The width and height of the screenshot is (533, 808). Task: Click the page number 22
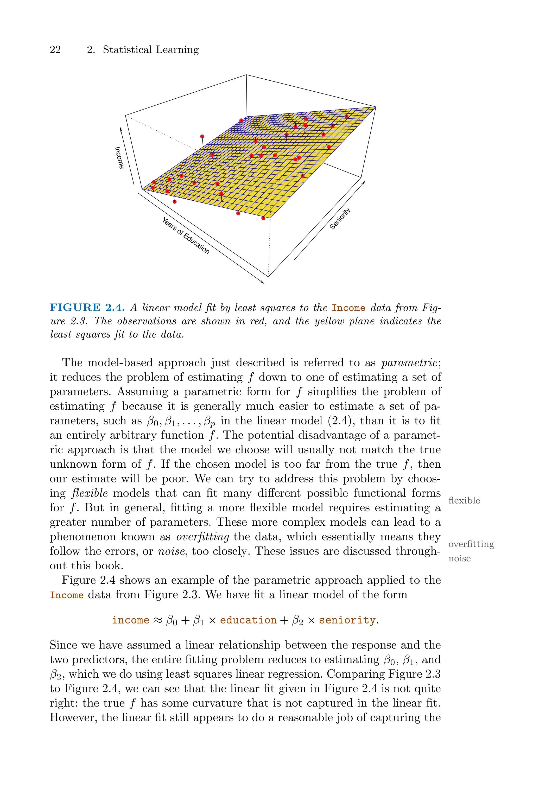click(x=55, y=50)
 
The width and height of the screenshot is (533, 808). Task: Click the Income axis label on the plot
click(x=119, y=158)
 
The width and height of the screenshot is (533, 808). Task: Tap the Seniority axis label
click(x=340, y=219)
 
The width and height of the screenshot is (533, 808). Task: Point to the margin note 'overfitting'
click(x=471, y=544)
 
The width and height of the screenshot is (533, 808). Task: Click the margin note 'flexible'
click(x=464, y=500)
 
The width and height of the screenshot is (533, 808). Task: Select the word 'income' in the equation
click(x=131, y=620)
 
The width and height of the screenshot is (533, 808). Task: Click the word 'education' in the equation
click(x=248, y=620)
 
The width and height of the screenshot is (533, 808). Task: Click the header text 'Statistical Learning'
click(x=151, y=50)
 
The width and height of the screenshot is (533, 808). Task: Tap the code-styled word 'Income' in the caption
click(x=348, y=308)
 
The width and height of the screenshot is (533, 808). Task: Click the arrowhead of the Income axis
click(x=121, y=129)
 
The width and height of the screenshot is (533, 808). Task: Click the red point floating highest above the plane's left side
click(x=202, y=137)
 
